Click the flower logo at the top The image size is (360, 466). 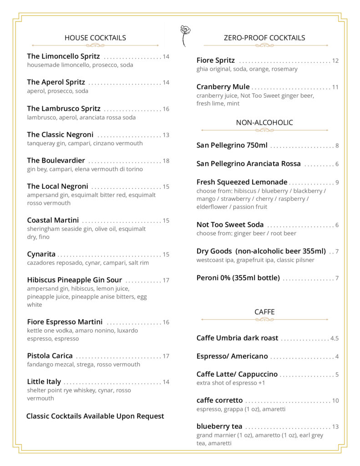185,35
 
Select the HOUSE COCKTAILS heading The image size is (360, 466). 95,38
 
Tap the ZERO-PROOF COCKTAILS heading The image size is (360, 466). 264,38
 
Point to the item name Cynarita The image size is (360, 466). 41,254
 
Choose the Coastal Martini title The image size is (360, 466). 53,220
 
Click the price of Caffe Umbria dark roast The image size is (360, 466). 335,339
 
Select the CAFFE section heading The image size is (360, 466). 264,312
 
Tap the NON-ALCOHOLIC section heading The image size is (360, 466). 264,122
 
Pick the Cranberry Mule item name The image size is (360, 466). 223,87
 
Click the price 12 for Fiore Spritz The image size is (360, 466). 335,61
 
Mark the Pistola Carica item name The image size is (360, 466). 50,356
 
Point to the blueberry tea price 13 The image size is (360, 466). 335,427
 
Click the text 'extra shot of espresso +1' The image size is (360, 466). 231,383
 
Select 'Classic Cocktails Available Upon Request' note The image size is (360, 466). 95,416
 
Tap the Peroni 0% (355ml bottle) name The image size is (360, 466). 238,278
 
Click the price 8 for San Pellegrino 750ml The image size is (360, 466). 337,146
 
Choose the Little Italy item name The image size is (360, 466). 44,382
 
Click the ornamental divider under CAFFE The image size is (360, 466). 264,319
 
